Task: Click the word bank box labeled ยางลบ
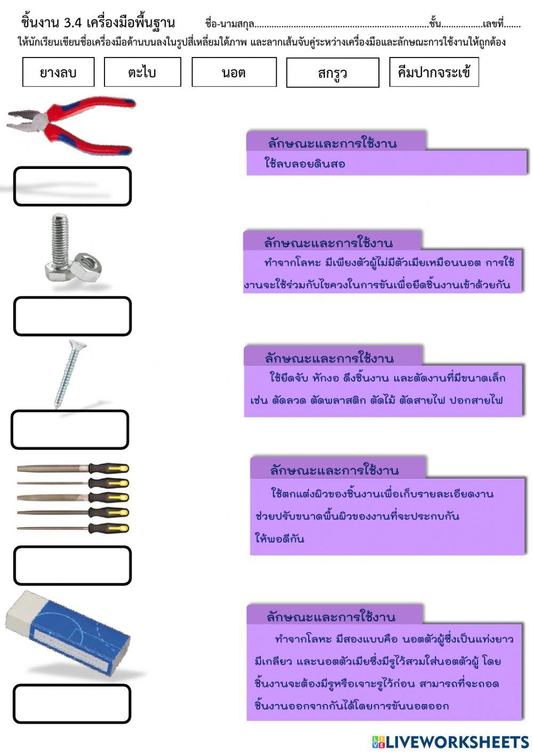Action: coord(58,72)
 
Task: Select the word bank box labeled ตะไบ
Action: coord(142,72)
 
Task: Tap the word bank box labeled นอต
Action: coord(233,72)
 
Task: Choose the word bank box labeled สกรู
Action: coord(332,72)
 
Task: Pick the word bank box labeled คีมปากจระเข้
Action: coord(433,72)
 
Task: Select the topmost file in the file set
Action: coord(73,468)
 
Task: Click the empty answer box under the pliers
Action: coord(72,187)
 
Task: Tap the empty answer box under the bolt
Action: coord(72,316)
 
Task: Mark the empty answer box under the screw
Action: coord(70,430)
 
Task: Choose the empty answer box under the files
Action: coord(72,565)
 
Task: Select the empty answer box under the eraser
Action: coord(72,704)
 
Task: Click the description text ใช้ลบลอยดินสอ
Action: coord(305,164)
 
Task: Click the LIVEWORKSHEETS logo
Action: coord(450,741)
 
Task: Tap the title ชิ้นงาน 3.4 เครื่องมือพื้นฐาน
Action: coord(98,22)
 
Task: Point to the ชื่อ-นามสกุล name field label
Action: coord(229,24)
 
